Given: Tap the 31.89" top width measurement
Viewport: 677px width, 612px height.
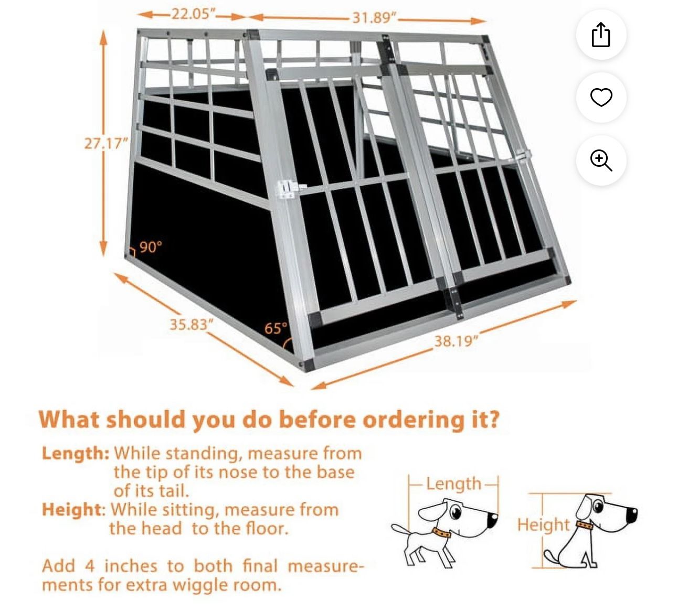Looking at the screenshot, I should tap(373, 18).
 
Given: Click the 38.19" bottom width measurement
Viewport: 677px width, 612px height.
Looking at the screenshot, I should tap(456, 341).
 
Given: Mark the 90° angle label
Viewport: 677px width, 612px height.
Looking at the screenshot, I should tap(151, 246).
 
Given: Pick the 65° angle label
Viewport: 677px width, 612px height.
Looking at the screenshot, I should tap(276, 328).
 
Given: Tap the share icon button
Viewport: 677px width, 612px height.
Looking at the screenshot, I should tap(601, 35).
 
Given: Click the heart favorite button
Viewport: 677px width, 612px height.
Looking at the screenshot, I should tap(601, 98).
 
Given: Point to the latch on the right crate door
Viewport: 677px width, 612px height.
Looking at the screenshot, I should tap(523, 156).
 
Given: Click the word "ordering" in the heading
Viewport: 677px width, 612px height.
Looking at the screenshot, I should tap(414, 420).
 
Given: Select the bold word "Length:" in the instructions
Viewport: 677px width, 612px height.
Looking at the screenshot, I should tap(76, 453).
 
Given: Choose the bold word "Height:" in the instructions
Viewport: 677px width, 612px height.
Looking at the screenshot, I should tap(73, 509).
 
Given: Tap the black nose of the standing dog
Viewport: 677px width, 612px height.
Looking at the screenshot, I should tap(492, 520).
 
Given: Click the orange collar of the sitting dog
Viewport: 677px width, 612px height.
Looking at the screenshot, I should tap(583, 525).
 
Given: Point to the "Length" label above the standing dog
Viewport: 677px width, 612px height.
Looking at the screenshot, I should tap(453, 484).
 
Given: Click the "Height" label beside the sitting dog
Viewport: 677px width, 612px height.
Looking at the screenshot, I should tap(543, 524).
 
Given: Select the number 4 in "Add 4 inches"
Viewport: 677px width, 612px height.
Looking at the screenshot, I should tap(90, 566).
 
